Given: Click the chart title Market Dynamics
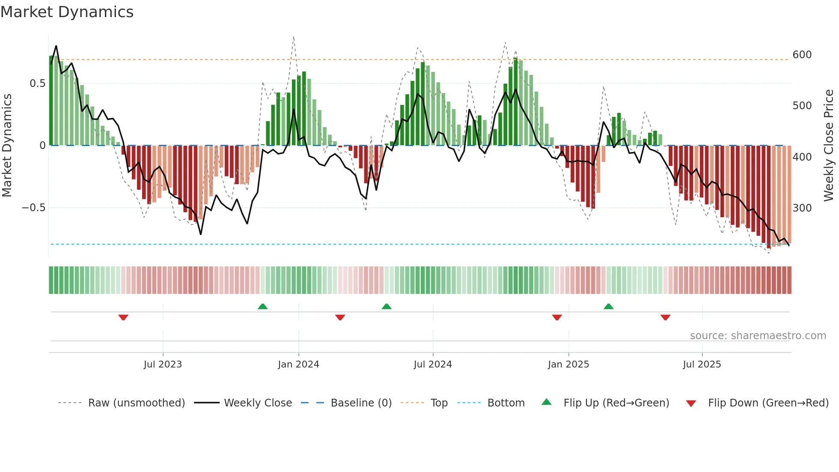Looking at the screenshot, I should pyautogui.click(x=67, y=12).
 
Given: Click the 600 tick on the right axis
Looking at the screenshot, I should pyautogui.click(x=802, y=55).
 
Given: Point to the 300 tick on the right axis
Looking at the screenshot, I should pyautogui.click(x=802, y=208).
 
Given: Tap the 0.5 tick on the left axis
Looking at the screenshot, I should pyautogui.click(x=37, y=84).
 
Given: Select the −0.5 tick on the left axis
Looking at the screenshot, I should pyautogui.click(x=34, y=208).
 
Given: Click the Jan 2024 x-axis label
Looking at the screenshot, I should pyautogui.click(x=298, y=364).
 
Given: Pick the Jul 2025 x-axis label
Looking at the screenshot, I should pyautogui.click(x=702, y=364).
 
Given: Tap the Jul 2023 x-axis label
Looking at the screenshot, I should pyautogui.click(x=163, y=364).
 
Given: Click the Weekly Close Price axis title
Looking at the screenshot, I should pyautogui.click(x=829, y=146).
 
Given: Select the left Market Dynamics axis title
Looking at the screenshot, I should pyautogui.click(x=7, y=146).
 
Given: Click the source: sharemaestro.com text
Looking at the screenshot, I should pyautogui.click(x=758, y=336).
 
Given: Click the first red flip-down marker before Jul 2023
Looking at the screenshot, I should pyautogui.click(x=123, y=317).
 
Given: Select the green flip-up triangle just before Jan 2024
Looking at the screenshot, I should pyautogui.click(x=262, y=306).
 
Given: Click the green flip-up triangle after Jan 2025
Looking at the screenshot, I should pyautogui.click(x=608, y=306).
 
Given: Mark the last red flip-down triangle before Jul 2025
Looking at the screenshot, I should pyautogui.click(x=665, y=317).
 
